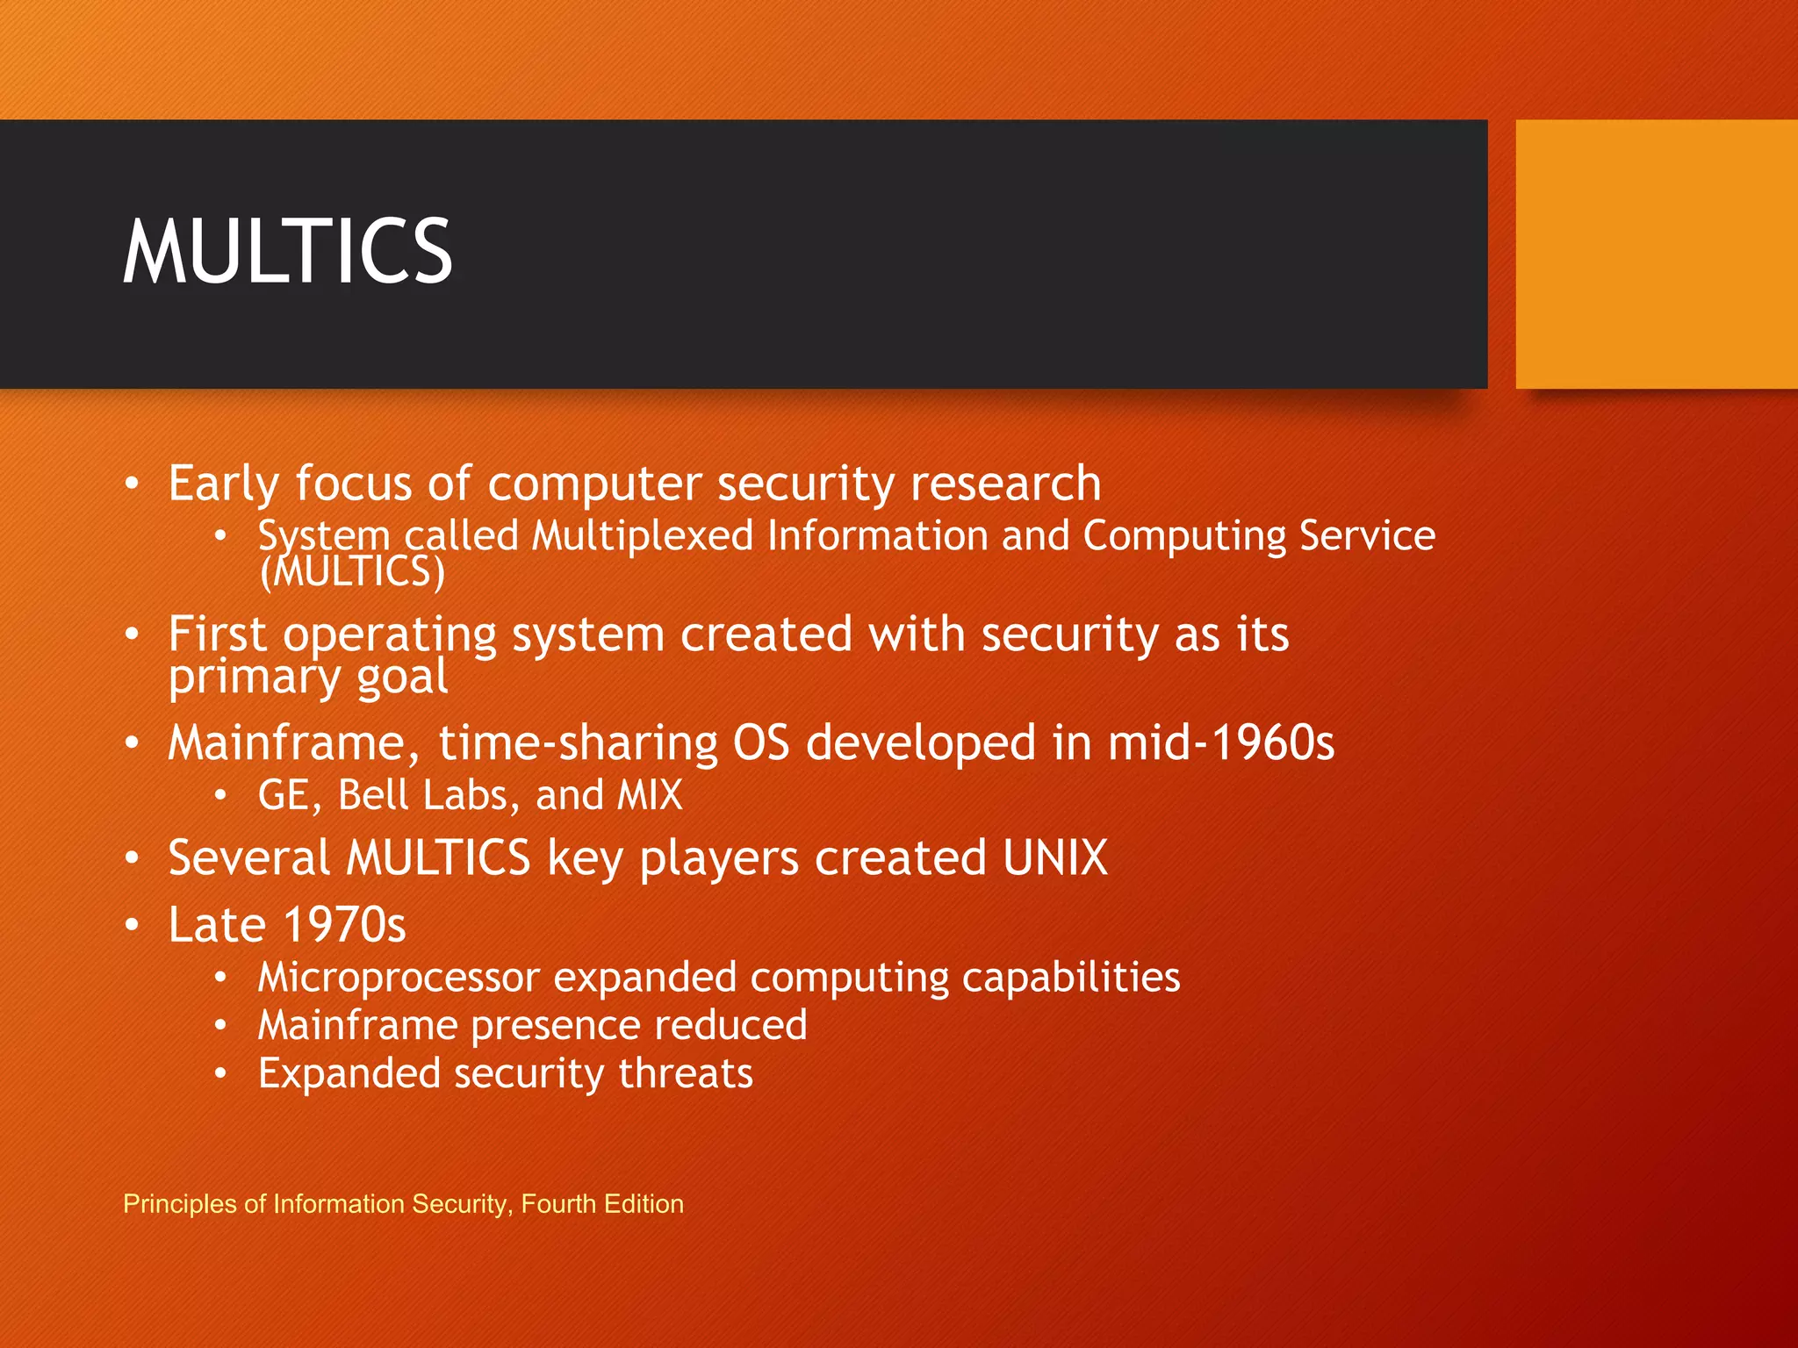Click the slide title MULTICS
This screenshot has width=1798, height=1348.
click(x=287, y=252)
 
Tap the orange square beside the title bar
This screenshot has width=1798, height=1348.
click(x=1656, y=255)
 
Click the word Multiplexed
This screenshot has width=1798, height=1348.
click(x=643, y=535)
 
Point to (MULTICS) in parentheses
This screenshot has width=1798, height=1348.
click(x=353, y=572)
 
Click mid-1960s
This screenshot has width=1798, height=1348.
click(x=1220, y=743)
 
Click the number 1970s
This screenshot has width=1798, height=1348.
click(x=345, y=925)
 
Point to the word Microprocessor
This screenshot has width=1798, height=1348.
click(x=399, y=978)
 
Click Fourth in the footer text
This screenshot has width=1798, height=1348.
click(x=558, y=1203)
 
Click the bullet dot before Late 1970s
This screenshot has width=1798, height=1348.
click(x=132, y=925)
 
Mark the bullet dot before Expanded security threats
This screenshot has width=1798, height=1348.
click(x=221, y=1073)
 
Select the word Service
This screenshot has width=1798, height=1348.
click(x=1367, y=535)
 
